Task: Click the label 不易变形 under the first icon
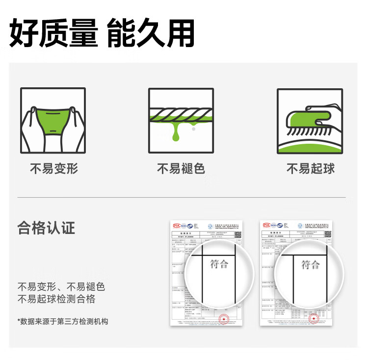point(54,169)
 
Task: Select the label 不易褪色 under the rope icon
point(181,169)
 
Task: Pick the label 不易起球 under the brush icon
point(310,169)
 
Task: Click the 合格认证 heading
point(46,228)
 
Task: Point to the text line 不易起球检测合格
point(56,299)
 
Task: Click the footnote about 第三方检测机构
point(63,321)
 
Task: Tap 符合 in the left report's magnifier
point(219,264)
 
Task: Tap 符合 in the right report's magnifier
point(310,265)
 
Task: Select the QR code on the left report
point(238,234)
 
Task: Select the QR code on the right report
point(328,234)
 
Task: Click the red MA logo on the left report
point(177,225)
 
